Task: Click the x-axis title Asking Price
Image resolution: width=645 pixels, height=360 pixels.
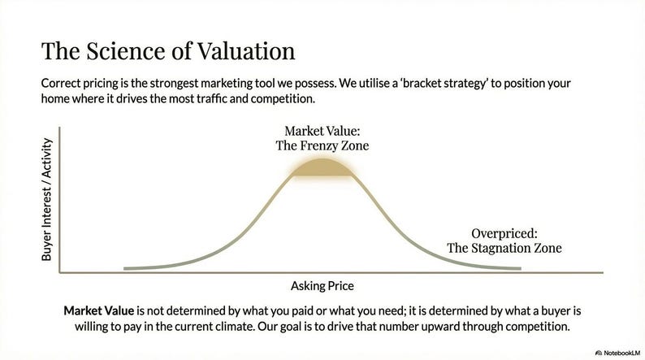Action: tap(322, 286)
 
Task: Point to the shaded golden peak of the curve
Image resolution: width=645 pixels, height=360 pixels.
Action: tap(322, 167)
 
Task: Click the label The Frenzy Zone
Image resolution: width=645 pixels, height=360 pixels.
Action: tap(322, 145)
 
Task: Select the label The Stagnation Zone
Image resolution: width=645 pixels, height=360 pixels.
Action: tap(504, 248)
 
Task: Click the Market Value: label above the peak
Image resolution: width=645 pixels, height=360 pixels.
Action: tap(322, 131)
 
